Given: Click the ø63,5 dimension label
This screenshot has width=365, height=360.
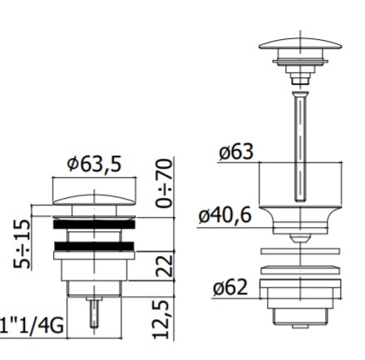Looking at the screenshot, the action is point(94,164).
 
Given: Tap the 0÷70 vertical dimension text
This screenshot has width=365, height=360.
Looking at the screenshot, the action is point(164,184).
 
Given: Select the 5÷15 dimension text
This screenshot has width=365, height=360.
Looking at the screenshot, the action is point(22,244).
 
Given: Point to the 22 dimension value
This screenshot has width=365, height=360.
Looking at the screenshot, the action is point(164,266).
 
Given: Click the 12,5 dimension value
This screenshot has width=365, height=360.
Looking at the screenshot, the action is point(161,319).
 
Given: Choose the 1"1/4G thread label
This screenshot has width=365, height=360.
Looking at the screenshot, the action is point(32,325).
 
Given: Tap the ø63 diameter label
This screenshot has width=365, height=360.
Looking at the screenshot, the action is point(236,151).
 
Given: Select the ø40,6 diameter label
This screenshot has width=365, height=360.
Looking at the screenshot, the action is point(225,215).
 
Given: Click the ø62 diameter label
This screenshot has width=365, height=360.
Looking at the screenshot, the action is point(230,287).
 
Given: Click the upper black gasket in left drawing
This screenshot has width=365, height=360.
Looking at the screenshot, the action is point(94,224).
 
